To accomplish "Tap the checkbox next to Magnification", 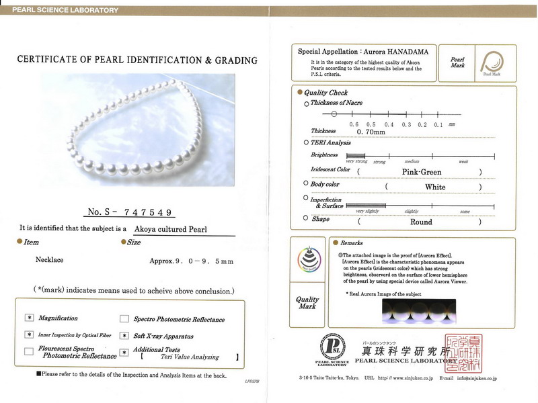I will (29, 318).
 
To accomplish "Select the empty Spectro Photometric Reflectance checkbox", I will (124, 319).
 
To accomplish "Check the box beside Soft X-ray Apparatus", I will (124, 334).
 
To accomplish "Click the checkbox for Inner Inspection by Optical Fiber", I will (29, 334).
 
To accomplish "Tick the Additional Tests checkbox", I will (124, 351).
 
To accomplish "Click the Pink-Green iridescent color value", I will (421, 172).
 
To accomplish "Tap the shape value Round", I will (421, 222).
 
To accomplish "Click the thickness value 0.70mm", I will (371, 132).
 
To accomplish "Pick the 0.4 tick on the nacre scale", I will (389, 125).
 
